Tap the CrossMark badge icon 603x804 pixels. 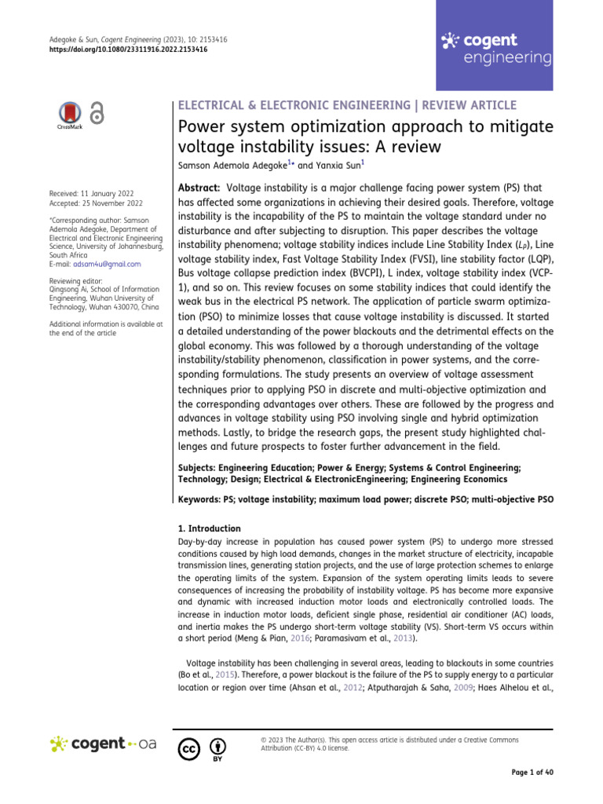pyautogui.click(x=71, y=115)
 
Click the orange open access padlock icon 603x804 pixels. pyautogui.click(x=97, y=114)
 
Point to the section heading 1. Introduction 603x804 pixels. pyautogui.click(x=210, y=528)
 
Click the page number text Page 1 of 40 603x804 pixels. pyautogui.click(x=532, y=773)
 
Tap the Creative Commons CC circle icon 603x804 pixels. pyautogui.click(x=188, y=746)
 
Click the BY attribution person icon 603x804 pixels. pyautogui.click(x=217, y=746)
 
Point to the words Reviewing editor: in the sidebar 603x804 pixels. pyautogui.click(x=75, y=282)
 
